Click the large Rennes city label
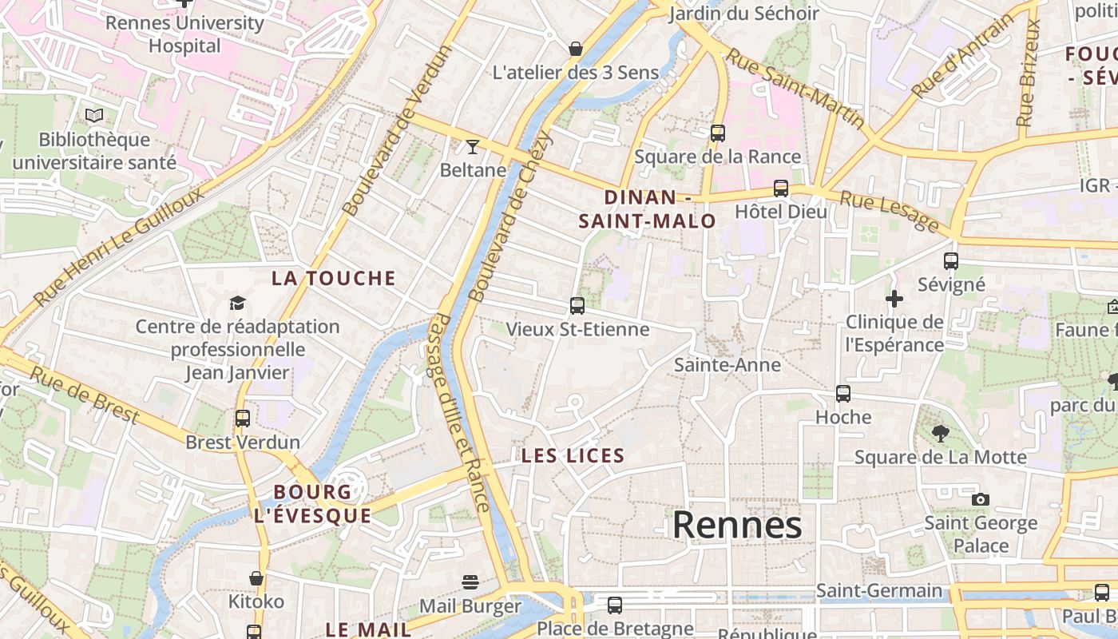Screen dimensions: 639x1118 coord(736,526)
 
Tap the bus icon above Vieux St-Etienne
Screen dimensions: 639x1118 coord(577,305)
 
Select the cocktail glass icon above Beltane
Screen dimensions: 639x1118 coord(473,146)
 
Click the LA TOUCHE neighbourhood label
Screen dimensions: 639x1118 coord(334,278)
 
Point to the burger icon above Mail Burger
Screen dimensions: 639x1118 coord(470,582)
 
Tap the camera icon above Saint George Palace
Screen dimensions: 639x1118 coord(980,500)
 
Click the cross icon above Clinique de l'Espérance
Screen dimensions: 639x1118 coord(894,299)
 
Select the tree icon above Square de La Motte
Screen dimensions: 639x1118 coord(940,434)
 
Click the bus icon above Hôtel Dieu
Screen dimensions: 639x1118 coord(780,189)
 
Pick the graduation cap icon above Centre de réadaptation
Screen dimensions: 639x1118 coord(237,303)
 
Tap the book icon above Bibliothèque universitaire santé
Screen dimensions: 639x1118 coord(94,116)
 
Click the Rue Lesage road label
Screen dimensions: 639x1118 coord(889,211)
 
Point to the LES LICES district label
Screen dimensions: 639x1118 coord(573,456)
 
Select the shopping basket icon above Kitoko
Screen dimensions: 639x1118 coord(256,577)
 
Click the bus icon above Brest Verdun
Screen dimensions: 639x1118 coord(242,418)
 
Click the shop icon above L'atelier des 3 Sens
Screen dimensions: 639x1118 coord(575,49)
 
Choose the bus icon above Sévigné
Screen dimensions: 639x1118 coord(950,261)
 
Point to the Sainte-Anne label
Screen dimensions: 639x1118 coord(727,365)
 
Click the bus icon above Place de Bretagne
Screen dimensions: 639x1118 coord(614,605)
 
